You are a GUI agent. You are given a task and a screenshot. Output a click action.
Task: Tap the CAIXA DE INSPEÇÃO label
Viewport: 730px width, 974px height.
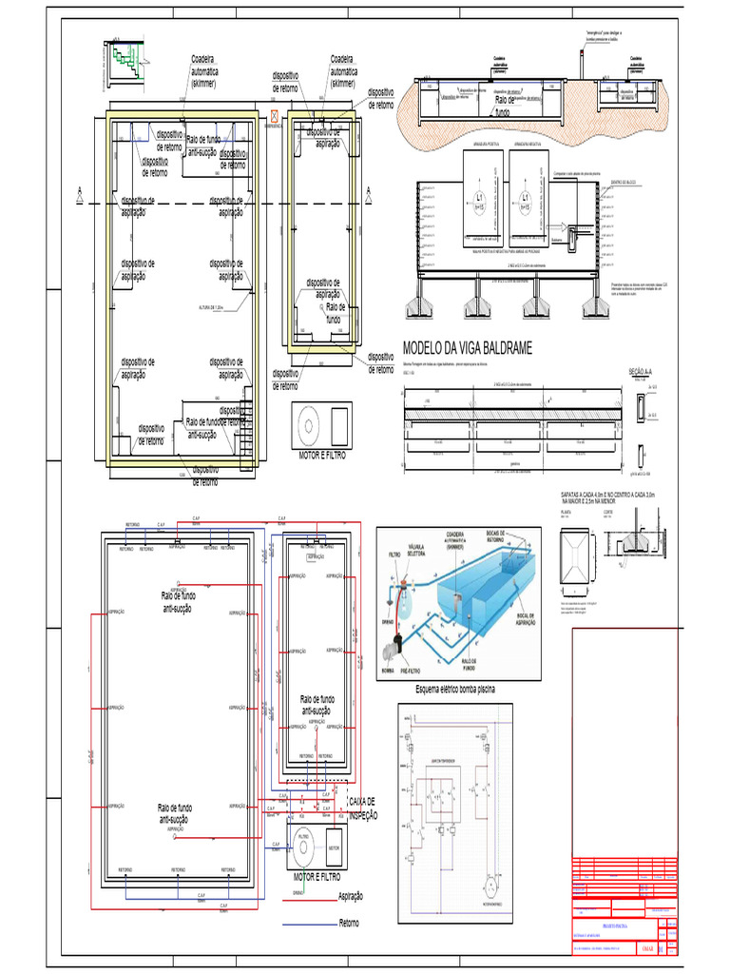point(363,808)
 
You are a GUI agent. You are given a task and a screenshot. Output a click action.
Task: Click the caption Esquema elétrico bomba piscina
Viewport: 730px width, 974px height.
point(457,689)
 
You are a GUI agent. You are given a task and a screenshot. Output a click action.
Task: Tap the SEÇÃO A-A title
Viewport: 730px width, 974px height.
point(644,372)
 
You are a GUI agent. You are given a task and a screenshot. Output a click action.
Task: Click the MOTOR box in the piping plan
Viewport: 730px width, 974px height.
point(334,847)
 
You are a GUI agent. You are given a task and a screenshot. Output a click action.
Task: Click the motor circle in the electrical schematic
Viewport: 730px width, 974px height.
point(491,886)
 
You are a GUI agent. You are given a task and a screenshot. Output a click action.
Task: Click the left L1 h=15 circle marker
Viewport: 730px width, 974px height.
point(480,202)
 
